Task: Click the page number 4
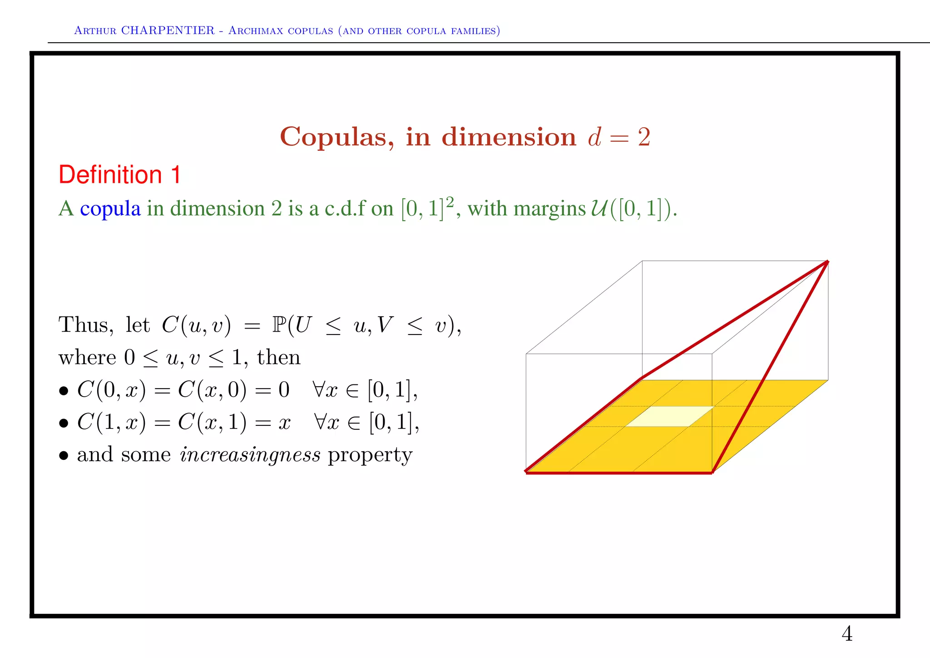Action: [847, 634]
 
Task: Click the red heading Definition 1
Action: [120, 175]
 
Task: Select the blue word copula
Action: [110, 209]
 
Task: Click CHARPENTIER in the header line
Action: [168, 30]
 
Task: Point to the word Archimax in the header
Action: [257, 30]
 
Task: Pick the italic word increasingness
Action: [250, 454]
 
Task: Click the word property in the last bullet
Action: [370, 455]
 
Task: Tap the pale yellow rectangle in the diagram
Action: [669, 416]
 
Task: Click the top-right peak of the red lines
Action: [827, 262]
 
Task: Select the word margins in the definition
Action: [550, 209]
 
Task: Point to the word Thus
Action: [85, 325]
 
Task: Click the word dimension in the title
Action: [509, 137]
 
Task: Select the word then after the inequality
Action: [278, 357]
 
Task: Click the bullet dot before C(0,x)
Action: [64, 391]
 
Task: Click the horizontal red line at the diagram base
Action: [619, 473]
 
